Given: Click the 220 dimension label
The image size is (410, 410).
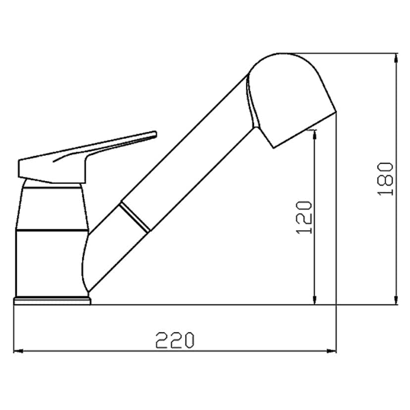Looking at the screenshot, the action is point(175,340).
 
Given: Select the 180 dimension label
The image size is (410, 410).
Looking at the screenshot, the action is point(385,179).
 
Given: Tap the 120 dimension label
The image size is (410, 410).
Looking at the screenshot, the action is point(304,217).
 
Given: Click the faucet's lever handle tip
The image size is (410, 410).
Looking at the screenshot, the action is point(155,134).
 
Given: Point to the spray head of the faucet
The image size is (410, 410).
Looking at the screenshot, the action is point(290,100).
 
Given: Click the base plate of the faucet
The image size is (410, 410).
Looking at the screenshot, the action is point(52,301).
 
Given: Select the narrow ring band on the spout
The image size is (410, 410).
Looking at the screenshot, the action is point(135,217).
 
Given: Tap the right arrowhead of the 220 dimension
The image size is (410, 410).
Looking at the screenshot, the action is point(332,351).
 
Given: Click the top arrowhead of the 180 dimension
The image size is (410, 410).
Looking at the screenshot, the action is point(397,58).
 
